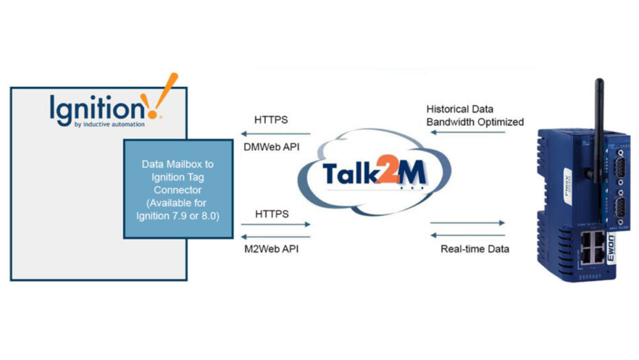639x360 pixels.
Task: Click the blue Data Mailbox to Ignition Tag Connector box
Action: (178, 189)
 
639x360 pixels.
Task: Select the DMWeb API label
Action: (270, 146)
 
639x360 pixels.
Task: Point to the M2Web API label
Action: (270, 249)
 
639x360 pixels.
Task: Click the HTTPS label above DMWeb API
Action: (271, 120)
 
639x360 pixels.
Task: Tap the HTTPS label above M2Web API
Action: (271, 213)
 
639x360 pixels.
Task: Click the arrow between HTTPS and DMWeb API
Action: (275, 134)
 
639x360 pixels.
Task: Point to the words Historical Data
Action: (460, 109)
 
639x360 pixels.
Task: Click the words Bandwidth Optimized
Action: (475, 121)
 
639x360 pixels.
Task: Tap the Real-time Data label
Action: (475, 249)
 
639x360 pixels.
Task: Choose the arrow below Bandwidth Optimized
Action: (468, 133)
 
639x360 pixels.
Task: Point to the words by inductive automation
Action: (109, 124)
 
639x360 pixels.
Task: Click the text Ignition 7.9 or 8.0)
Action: (178, 215)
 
